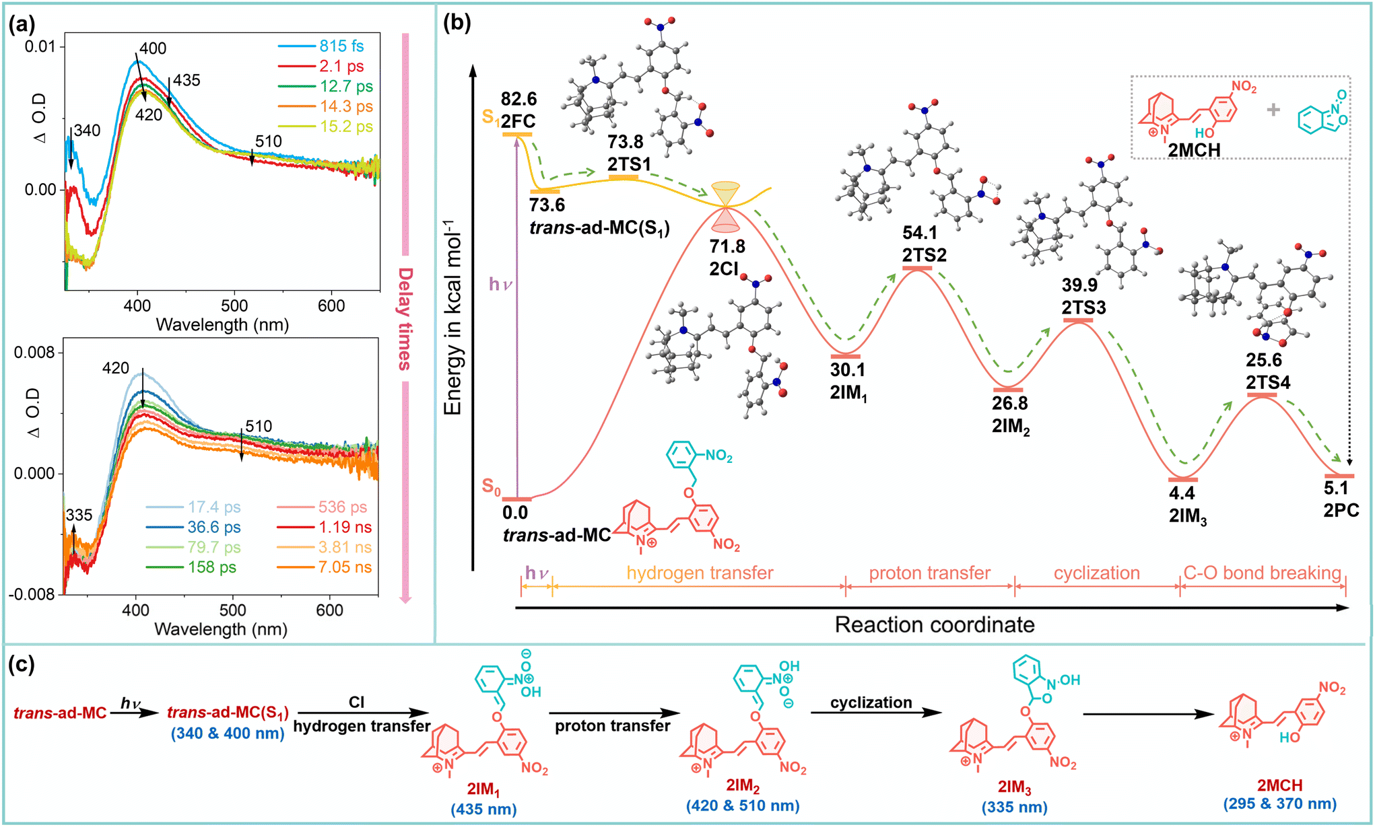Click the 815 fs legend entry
341,46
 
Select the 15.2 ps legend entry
345,127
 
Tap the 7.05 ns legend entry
344,567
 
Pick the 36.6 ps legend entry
213,527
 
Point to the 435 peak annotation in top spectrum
187,80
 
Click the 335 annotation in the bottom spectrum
79,515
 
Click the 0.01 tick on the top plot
40,46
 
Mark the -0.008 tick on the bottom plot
32,594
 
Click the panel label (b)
457,23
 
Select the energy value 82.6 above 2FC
518,99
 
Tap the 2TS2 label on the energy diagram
925,255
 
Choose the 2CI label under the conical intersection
725,268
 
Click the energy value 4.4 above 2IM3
1182,493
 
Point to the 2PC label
1341,510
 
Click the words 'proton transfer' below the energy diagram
929,573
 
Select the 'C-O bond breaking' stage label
1263,573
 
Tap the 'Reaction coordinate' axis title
934,624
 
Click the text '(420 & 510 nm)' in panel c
743,805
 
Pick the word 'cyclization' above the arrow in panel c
871,703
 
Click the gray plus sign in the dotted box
1273,110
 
